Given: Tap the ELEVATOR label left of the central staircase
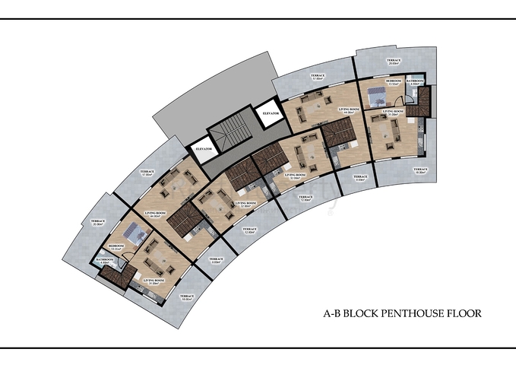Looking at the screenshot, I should click(x=203, y=149).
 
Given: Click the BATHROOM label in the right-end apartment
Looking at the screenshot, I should click(x=415, y=81).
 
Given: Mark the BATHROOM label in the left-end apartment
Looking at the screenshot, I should click(x=105, y=261).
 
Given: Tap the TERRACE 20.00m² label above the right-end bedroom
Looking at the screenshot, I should click(x=393, y=62).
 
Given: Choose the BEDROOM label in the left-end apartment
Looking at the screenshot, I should click(x=116, y=247).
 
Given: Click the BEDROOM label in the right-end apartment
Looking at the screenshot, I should click(x=394, y=81).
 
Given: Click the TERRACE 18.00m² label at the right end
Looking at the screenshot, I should click(x=419, y=170).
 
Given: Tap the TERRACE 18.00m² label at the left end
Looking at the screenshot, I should click(x=186, y=297).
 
